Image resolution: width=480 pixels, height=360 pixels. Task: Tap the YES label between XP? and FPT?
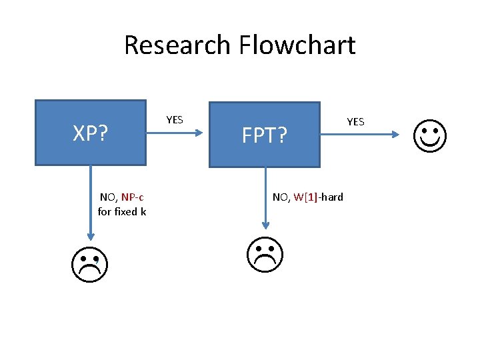174,119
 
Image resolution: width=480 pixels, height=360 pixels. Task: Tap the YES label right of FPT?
355,121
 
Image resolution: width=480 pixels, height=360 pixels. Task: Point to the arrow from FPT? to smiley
360,135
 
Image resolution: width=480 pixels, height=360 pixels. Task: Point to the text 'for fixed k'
122,211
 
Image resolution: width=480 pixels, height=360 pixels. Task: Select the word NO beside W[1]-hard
280,197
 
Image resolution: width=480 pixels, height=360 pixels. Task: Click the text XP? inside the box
91,134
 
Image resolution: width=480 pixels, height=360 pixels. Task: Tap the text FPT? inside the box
265,136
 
